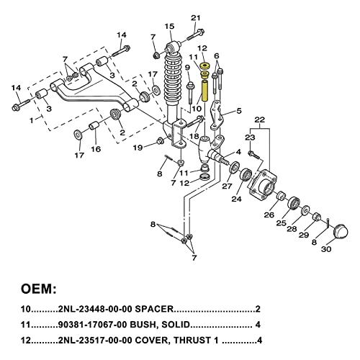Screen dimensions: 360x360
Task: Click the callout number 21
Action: [196, 17]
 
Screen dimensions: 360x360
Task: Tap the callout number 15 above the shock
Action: [169, 27]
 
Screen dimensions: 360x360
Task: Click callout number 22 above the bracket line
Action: [260, 119]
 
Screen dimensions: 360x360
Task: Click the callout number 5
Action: [239, 111]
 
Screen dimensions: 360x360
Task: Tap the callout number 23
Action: [251, 138]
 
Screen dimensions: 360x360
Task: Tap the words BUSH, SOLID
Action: [163, 324]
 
